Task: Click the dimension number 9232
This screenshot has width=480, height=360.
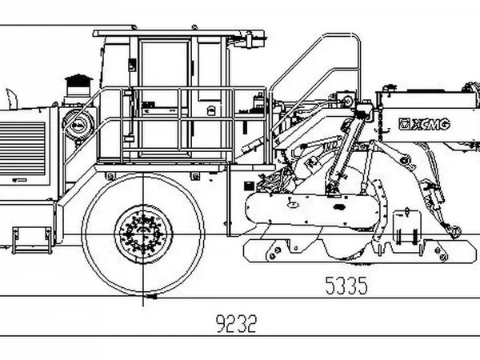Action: coord(236,323)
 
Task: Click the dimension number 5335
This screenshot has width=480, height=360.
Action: coord(346,286)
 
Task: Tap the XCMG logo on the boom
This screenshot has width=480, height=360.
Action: coord(424,124)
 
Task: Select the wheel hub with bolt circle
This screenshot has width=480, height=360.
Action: coord(143,234)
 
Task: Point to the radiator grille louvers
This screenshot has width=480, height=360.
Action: coord(22,149)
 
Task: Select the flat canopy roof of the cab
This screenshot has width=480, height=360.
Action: coord(178,34)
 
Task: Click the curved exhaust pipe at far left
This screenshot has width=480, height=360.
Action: coord(12,98)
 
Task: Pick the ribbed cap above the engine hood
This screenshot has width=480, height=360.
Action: coord(78,81)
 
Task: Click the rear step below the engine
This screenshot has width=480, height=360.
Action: coord(31,240)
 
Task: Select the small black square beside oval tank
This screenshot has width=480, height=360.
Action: coord(249,186)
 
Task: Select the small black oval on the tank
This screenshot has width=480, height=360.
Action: coord(338,207)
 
